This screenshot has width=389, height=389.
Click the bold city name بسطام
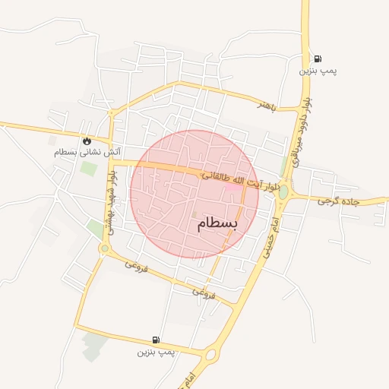click(x=217, y=223)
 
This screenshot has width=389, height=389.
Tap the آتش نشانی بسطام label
click(x=87, y=152)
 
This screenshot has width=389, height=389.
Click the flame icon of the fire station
click(x=87, y=141)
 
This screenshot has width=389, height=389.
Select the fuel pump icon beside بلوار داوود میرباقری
click(x=317, y=59)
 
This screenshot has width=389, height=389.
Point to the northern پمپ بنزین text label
click(x=318, y=71)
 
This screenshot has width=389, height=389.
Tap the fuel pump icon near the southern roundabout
click(x=156, y=340)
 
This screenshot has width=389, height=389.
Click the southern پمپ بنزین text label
click(x=156, y=352)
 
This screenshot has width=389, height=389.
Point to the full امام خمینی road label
click(x=272, y=242)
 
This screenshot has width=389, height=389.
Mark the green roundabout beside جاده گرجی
click(x=283, y=192)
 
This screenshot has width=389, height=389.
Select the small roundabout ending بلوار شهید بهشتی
click(x=105, y=248)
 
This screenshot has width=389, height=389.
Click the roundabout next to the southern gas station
click(x=210, y=353)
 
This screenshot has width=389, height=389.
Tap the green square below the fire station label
click(x=89, y=168)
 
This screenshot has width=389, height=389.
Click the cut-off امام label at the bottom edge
click(x=185, y=380)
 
